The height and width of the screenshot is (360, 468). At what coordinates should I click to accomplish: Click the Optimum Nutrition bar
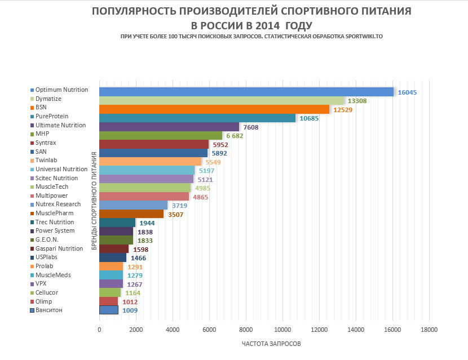246,92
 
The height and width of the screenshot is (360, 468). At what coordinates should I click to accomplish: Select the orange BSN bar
214,109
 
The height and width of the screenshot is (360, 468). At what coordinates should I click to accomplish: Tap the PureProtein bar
197,118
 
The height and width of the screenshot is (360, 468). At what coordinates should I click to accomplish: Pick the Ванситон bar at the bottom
108,310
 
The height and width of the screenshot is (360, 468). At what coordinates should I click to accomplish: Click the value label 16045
407,92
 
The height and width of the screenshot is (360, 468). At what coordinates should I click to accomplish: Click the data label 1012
130,301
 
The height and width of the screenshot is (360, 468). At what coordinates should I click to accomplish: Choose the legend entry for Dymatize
48,99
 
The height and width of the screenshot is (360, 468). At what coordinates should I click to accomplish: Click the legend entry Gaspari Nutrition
59,248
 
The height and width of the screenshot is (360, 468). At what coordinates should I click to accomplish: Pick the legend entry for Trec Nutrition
54,222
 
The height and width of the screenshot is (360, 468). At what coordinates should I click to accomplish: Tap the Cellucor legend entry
46,292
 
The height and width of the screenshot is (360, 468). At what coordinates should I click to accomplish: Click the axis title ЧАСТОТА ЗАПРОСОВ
271,344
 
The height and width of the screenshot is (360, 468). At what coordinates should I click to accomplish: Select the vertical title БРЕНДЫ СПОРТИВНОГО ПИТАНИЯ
94,200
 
